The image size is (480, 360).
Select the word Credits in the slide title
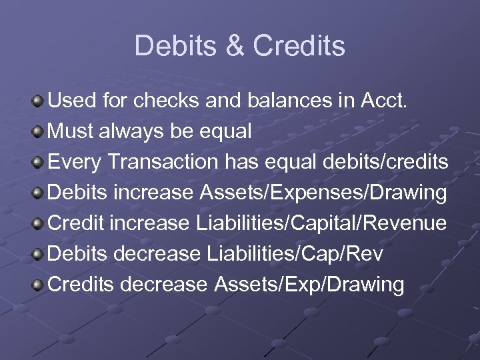point(300,46)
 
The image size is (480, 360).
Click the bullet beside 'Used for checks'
point(39,101)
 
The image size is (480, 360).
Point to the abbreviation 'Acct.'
point(398,101)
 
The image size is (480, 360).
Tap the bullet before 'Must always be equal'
point(39,132)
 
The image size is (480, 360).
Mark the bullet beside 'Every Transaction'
point(39,163)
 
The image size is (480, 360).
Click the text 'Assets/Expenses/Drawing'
point(323,193)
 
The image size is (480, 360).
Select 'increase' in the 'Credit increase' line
point(150,224)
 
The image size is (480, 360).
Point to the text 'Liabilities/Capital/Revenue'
point(321,224)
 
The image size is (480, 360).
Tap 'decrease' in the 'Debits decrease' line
point(158,255)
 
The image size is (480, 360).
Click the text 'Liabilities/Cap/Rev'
point(295,255)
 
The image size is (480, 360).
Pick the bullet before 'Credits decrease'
point(39,285)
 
